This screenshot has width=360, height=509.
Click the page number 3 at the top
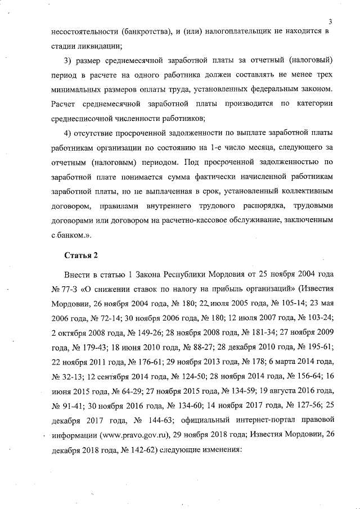pos(330,21)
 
